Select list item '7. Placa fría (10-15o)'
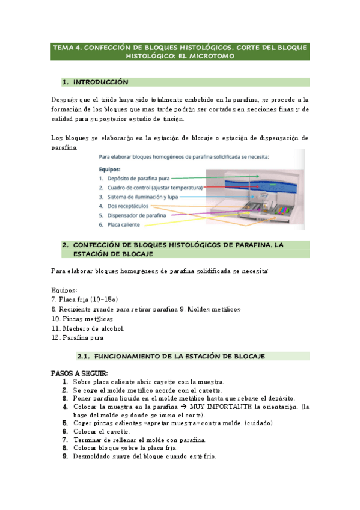(85, 299)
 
